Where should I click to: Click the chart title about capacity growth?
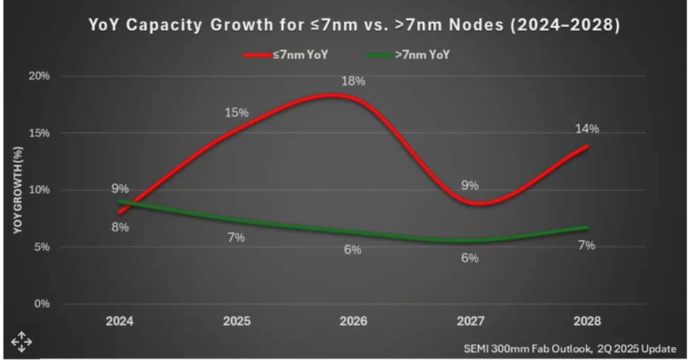coord(355,26)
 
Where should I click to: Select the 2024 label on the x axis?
coord(120,321)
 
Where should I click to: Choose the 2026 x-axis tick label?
coord(354,321)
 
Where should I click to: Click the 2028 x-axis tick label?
coord(587,321)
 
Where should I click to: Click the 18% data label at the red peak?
coord(354,81)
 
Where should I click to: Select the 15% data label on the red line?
coord(237,112)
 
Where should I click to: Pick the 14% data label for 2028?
coord(588,129)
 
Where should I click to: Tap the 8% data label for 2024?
coord(120,227)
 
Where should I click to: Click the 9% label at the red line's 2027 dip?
coord(470,185)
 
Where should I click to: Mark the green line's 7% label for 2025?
coord(237,237)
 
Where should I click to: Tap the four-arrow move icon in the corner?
coord(21,341)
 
